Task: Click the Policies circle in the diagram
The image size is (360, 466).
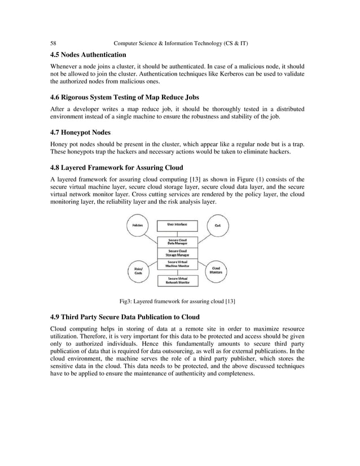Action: coord(138,226)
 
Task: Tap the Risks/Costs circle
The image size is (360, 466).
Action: coord(138,270)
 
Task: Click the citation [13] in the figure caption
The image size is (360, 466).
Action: coord(230,301)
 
